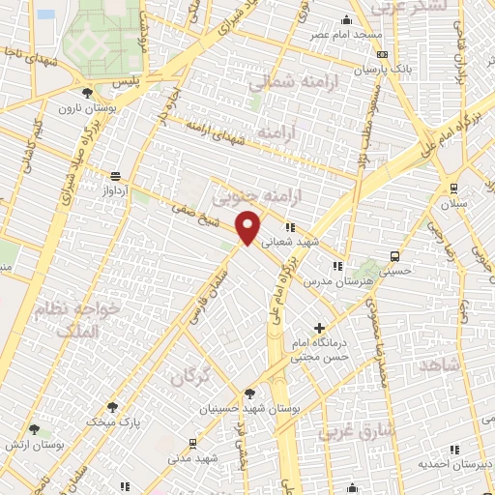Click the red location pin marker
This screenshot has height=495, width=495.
pos(249,227)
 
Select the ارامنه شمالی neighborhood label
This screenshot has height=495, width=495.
pos(285,84)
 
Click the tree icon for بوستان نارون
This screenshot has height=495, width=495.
pos(88,93)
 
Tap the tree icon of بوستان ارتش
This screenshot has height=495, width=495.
pos(35,428)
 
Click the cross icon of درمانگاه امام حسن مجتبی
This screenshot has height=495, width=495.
pos(320,329)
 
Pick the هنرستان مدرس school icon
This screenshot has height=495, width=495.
pos(336,266)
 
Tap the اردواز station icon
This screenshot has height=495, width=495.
pos(116,176)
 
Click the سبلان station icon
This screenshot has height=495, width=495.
pos(452,189)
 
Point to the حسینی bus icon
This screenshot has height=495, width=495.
pos(394,255)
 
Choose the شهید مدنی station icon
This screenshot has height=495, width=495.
pos(194,444)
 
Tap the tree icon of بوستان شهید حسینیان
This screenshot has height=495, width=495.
pos(249,393)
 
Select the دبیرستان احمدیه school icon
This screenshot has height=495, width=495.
pos(454,450)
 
